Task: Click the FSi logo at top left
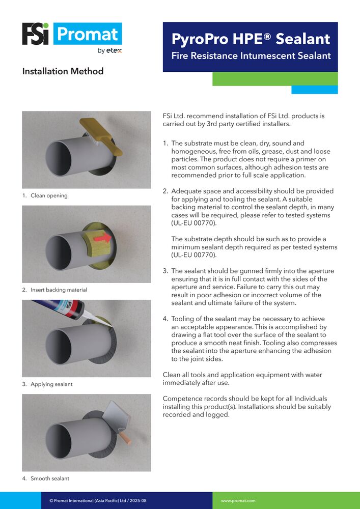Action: click(35, 34)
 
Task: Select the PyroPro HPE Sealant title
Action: click(251, 39)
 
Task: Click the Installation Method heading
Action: click(63, 71)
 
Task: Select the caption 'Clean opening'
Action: click(49, 195)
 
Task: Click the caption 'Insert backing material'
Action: click(59, 290)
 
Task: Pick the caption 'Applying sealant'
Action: click(51, 384)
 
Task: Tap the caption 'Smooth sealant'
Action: click(50, 478)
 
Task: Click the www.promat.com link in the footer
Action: click(238, 501)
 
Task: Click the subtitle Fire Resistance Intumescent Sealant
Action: click(251, 56)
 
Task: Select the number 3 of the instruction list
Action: click(165, 271)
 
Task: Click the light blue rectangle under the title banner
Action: click(314, 90)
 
